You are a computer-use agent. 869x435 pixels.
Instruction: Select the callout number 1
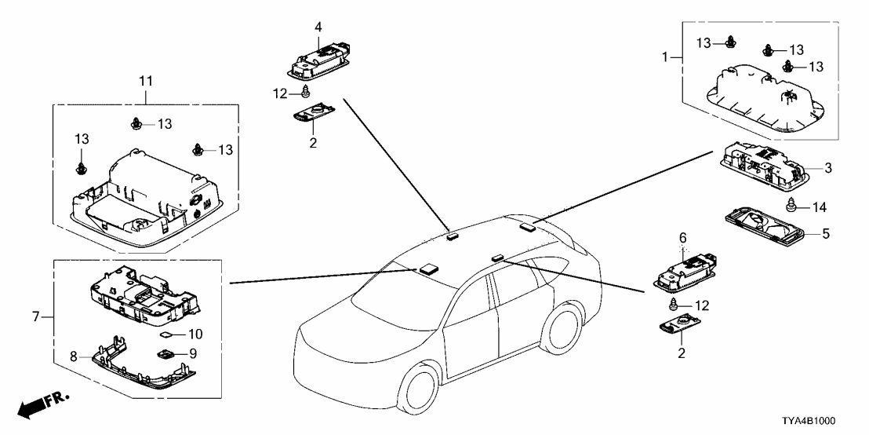665,57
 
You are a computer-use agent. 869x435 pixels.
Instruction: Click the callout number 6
682,237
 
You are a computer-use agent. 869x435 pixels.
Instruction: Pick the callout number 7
35,316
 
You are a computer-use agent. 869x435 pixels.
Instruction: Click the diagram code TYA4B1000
820,421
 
